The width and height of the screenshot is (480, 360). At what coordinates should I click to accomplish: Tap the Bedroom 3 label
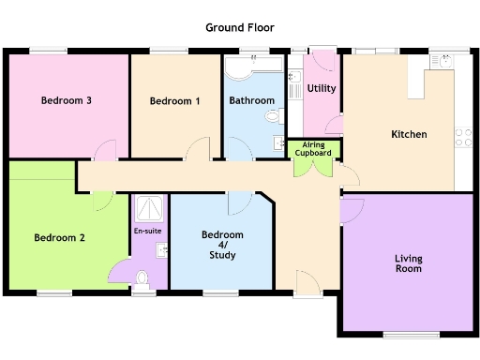coord(65,100)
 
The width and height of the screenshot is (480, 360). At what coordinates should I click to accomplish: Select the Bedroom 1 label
coord(174,100)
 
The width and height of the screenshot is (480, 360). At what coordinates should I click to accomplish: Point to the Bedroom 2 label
coord(59,238)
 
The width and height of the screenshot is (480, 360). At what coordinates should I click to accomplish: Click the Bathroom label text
coord(251,100)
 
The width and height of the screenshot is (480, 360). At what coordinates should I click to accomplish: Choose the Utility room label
coord(321,89)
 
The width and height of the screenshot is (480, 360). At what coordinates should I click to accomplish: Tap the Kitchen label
coord(409,134)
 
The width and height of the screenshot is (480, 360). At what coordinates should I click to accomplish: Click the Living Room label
coord(408,262)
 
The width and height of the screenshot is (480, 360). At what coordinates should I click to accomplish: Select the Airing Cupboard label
coord(313,148)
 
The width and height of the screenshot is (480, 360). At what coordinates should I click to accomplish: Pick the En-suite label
coord(148,230)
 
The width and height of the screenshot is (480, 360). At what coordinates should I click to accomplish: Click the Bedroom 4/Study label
coord(222,245)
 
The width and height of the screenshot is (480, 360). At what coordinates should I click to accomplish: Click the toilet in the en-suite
coord(142,277)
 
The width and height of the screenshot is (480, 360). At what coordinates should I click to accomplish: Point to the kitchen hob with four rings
coord(463,137)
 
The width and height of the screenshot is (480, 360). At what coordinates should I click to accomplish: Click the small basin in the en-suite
coord(162,249)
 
